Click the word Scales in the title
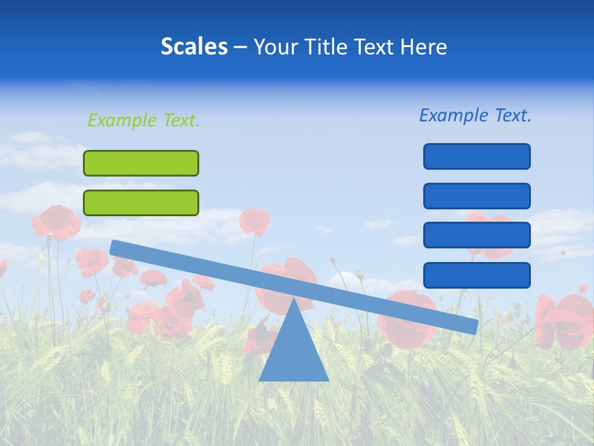(194, 46)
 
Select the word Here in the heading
(424, 46)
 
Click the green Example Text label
(144, 120)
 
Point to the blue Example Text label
(475, 115)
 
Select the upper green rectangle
(141, 163)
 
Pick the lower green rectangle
(141, 203)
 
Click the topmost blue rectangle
(476, 156)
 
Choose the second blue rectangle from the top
(476, 196)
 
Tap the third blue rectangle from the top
(476, 235)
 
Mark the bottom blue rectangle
(476, 275)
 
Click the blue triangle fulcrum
(293, 353)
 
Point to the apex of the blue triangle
(293, 299)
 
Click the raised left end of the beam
(115, 248)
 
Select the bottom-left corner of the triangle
(260, 380)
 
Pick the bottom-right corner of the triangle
(327, 380)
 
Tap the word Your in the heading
(273, 46)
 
